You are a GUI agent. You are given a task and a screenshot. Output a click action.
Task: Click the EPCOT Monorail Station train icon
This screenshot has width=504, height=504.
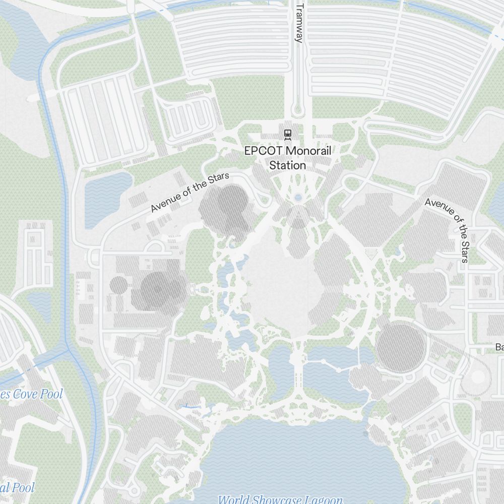point(288,134)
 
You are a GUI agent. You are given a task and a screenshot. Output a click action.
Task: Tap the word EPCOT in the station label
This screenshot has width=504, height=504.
point(263,151)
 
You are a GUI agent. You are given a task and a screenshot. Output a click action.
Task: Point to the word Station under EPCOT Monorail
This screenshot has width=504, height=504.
point(288,165)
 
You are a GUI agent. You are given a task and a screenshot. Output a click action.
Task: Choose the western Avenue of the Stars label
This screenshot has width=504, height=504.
point(190,192)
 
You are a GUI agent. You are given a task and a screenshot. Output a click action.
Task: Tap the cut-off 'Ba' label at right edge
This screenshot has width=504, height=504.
point(499,347)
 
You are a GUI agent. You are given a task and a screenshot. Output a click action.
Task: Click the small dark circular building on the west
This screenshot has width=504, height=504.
point(119,285)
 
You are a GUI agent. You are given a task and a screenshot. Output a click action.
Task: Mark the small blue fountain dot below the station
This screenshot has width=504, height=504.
point(298,197)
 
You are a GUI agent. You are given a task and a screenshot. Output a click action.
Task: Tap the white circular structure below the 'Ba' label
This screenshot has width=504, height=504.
point(477,376)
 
